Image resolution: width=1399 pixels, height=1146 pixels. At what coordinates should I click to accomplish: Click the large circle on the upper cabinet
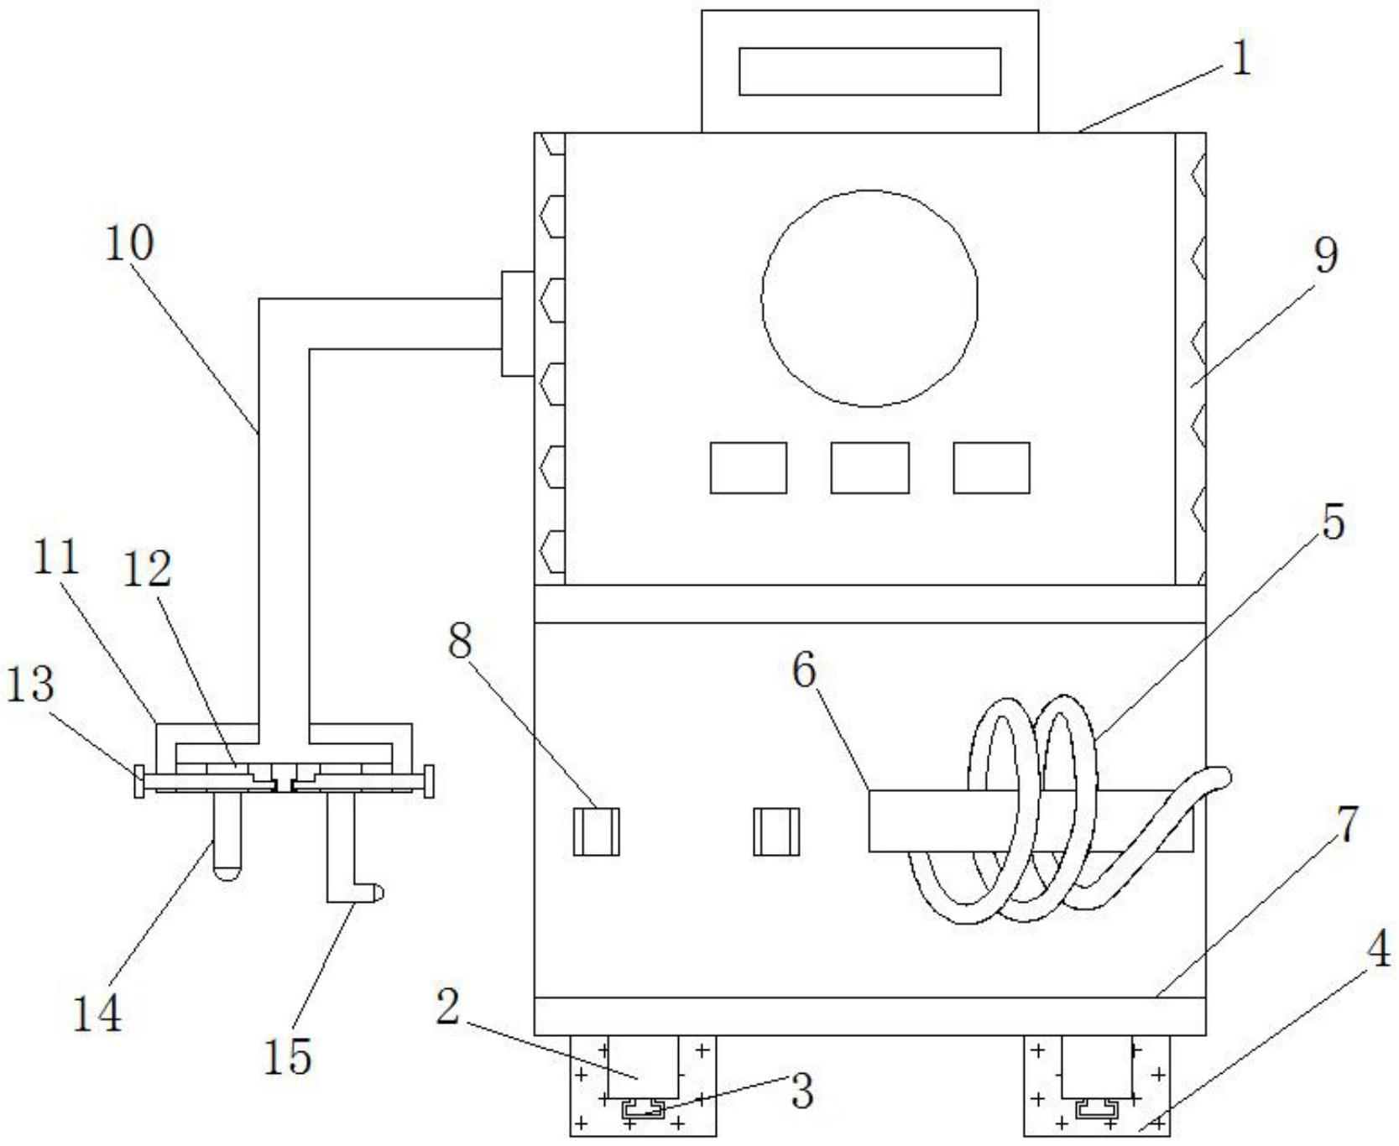(869, 298)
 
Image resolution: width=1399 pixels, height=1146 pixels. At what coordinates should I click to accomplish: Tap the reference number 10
(129, 243)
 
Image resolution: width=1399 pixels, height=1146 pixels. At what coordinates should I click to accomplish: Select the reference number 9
(1325, 255)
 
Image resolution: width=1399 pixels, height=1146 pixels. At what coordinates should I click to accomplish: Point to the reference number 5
(1333, 521)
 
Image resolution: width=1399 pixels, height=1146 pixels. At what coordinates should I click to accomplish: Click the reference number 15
(288, 1056)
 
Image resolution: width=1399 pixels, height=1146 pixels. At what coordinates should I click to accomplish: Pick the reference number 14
(97, 1013)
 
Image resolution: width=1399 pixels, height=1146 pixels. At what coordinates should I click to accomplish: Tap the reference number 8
(460, 642)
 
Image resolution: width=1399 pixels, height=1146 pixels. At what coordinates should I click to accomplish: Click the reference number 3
(802, 1091)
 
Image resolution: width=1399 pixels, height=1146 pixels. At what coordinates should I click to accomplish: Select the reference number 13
(31, 684)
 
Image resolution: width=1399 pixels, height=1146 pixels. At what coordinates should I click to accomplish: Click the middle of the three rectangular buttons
(869, 468)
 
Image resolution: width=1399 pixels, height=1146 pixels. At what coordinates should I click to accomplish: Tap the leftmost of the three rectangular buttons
(749, 468)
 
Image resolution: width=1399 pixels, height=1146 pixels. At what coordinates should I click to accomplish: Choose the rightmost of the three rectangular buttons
(991, 468)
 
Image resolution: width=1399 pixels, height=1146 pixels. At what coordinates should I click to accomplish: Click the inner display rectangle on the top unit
(869, 71)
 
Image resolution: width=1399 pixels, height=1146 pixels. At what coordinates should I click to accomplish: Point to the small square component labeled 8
(597, 831)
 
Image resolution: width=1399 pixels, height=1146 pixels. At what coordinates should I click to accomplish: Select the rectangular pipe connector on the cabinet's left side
(518, 324)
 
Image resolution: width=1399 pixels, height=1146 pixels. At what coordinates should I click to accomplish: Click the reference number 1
(1241, 60)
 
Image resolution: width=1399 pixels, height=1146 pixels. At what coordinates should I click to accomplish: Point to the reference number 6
(804, 670)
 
